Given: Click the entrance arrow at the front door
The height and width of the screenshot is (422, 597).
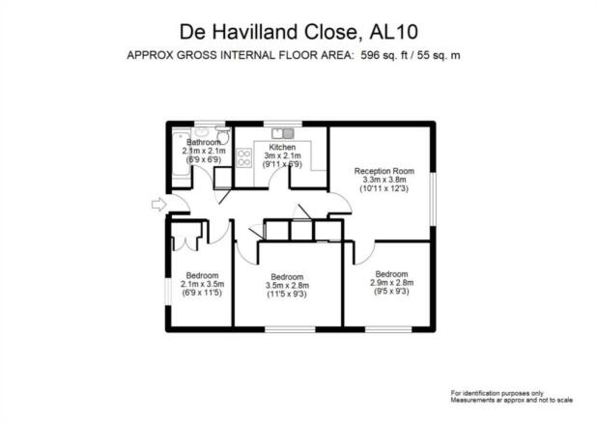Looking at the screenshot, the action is coord(158,205).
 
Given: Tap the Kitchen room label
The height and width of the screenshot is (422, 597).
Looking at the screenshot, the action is coord(282,147).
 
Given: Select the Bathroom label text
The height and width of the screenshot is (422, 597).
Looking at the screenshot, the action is coord(204,142).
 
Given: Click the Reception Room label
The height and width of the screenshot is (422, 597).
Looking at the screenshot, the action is coord(384,171).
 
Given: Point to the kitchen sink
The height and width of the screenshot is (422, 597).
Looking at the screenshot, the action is coord(283,133).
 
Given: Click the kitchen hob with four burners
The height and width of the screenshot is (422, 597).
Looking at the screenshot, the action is coord(243,157).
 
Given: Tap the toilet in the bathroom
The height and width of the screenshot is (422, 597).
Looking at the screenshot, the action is coord(223,134).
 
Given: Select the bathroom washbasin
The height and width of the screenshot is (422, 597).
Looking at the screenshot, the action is coord(201,131).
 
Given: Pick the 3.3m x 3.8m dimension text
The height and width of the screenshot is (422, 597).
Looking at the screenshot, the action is coord(384,180).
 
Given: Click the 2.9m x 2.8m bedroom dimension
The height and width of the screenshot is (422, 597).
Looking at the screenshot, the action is coord(392,283).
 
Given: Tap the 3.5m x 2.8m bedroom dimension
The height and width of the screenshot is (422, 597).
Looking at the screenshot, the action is coord(287,286).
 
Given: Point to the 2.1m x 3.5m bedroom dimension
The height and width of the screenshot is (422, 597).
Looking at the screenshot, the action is coord(202,284).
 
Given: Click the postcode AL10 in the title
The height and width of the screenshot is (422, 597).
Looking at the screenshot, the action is coord(394,32).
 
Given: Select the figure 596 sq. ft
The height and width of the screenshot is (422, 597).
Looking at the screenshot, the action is coord(384,55).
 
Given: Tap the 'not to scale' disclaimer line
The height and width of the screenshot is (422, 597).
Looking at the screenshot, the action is coord(512,401).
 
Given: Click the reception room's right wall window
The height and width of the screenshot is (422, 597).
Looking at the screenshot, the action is coord(433,199).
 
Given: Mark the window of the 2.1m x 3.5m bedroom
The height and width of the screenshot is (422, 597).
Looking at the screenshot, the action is coord(168,291).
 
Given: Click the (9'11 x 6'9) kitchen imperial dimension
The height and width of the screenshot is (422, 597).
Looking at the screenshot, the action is coord(282,164).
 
